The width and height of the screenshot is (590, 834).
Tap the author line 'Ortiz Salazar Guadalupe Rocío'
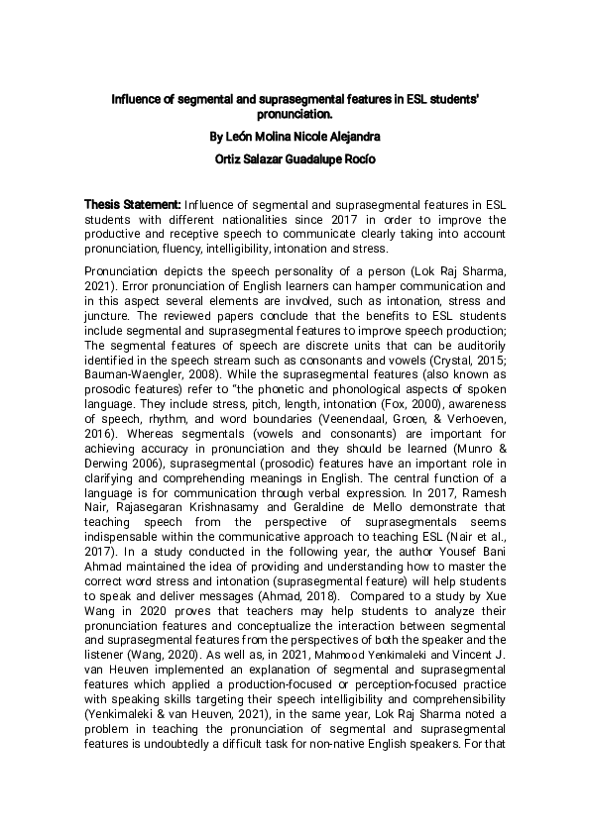tap(295, 158)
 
